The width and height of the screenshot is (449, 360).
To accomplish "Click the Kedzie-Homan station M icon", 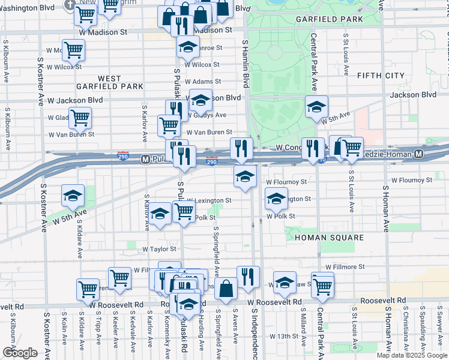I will click(x=419, y=154).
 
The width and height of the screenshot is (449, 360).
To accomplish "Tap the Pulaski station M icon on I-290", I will click(x=145, y=160).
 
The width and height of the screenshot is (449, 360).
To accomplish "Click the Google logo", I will click(x=20, y=352).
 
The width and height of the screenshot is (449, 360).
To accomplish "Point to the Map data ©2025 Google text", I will click(x=411, y=355).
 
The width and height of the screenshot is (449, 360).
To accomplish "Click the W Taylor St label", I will click(x=159, y=248).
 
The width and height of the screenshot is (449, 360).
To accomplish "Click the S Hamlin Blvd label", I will click(x=245, y=66).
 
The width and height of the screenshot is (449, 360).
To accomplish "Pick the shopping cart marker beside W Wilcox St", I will click(x=73, y=50).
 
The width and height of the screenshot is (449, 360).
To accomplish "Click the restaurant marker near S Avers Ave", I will click(x=248, y=277).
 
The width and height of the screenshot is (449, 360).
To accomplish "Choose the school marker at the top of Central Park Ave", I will click(x=316, y=106).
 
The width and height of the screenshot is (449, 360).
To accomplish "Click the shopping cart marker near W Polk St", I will click(x=184, y=211).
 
